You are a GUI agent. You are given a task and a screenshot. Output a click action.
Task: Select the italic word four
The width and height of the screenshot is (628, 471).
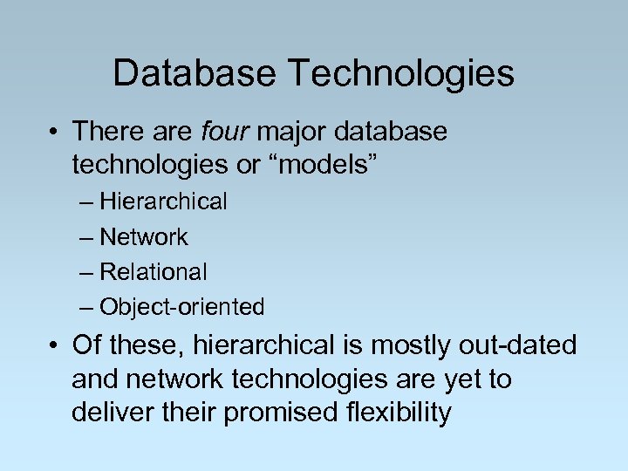pyautogui.click(x=224, y=133)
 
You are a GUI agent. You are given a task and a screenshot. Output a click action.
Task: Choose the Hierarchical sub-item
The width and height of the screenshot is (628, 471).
pyautogui.click(x=163, y=202)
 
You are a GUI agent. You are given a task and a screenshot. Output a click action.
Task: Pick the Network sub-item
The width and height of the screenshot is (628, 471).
pyautogui.click(x=144, y=237)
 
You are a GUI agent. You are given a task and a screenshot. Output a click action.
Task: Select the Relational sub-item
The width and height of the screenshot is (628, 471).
pyautogui.click(x=154, y=272)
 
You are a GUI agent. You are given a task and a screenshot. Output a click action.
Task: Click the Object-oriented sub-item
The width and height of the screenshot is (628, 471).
pyautogui.click(x=181, y=307)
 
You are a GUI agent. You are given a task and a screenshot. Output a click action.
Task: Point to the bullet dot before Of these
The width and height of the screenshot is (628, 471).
pyautogui.click(x=56, y=346)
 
